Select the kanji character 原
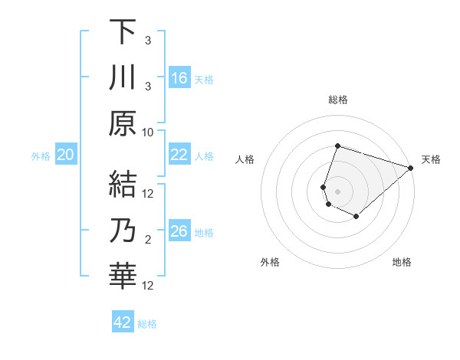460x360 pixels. pyautogui.click(x=123, y=123)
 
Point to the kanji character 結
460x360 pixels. pyautogui.click(x=123, y=183)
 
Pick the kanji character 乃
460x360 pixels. pyautogui.click(x=123, y=229)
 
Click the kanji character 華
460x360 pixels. pyautogui.click(x=123, y=275)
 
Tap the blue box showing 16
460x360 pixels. pyautogui.click(x=179, y=77)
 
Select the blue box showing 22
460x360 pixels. pyautogui.click(x=179, y=155)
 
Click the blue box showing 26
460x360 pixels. pyautogui.click(x=179, y=231)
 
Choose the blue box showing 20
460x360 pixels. pyautogui.click(x=66, y=155)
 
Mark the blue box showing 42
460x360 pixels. pyautogui.click(x=123, y=322)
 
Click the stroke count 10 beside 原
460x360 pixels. pyautogui.click(x=148, y=131)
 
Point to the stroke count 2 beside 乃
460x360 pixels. pyautogui.click(x=148, y=239)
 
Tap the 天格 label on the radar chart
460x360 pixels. pyautogui.click(x=431, y=159)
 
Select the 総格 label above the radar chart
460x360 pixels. pyautogui.click(x=338, y=100)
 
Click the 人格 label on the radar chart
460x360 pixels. pyautogui.click(x=245, y=159)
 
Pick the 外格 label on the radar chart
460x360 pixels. pyautogui.click(x=270, y=263)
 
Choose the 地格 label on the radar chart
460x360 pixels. pyautogui.click(x=402, y=263)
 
